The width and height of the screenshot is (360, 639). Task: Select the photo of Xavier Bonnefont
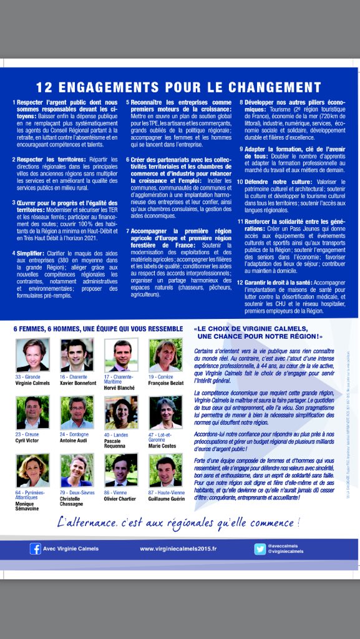coord(77,355)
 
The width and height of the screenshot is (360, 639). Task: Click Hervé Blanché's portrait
coord(121,355)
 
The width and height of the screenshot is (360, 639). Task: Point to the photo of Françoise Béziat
coord(165,355)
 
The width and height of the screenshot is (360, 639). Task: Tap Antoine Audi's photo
coord(77,412)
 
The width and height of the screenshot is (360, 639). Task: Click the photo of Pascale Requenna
coord(121,412)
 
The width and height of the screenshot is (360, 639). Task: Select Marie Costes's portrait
coord(165,412)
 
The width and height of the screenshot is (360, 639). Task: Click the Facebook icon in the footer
coord(36,549)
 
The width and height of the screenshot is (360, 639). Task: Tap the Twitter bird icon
coord(260,549)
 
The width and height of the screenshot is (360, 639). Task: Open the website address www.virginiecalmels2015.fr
coord(178,549)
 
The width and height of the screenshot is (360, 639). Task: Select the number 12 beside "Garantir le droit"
coord(240,283)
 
